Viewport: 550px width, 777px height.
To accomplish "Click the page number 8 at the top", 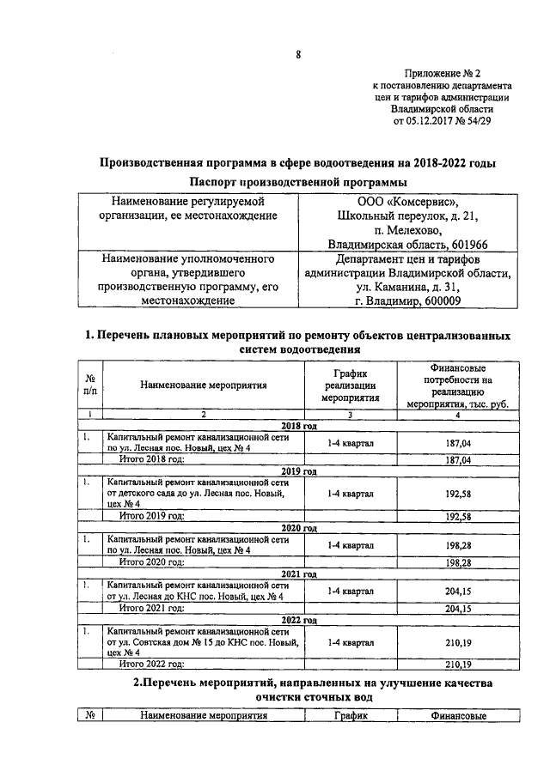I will point(297,56).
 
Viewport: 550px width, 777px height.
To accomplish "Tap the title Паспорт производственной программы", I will point(297,182).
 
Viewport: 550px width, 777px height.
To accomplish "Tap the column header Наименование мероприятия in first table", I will point(204,385).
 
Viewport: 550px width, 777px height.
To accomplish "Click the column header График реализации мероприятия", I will point(351,385).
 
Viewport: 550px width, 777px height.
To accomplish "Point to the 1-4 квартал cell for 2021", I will point(351,591).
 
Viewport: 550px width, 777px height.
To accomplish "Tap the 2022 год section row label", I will point(299,620).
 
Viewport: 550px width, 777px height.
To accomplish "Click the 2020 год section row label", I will point(299,528).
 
